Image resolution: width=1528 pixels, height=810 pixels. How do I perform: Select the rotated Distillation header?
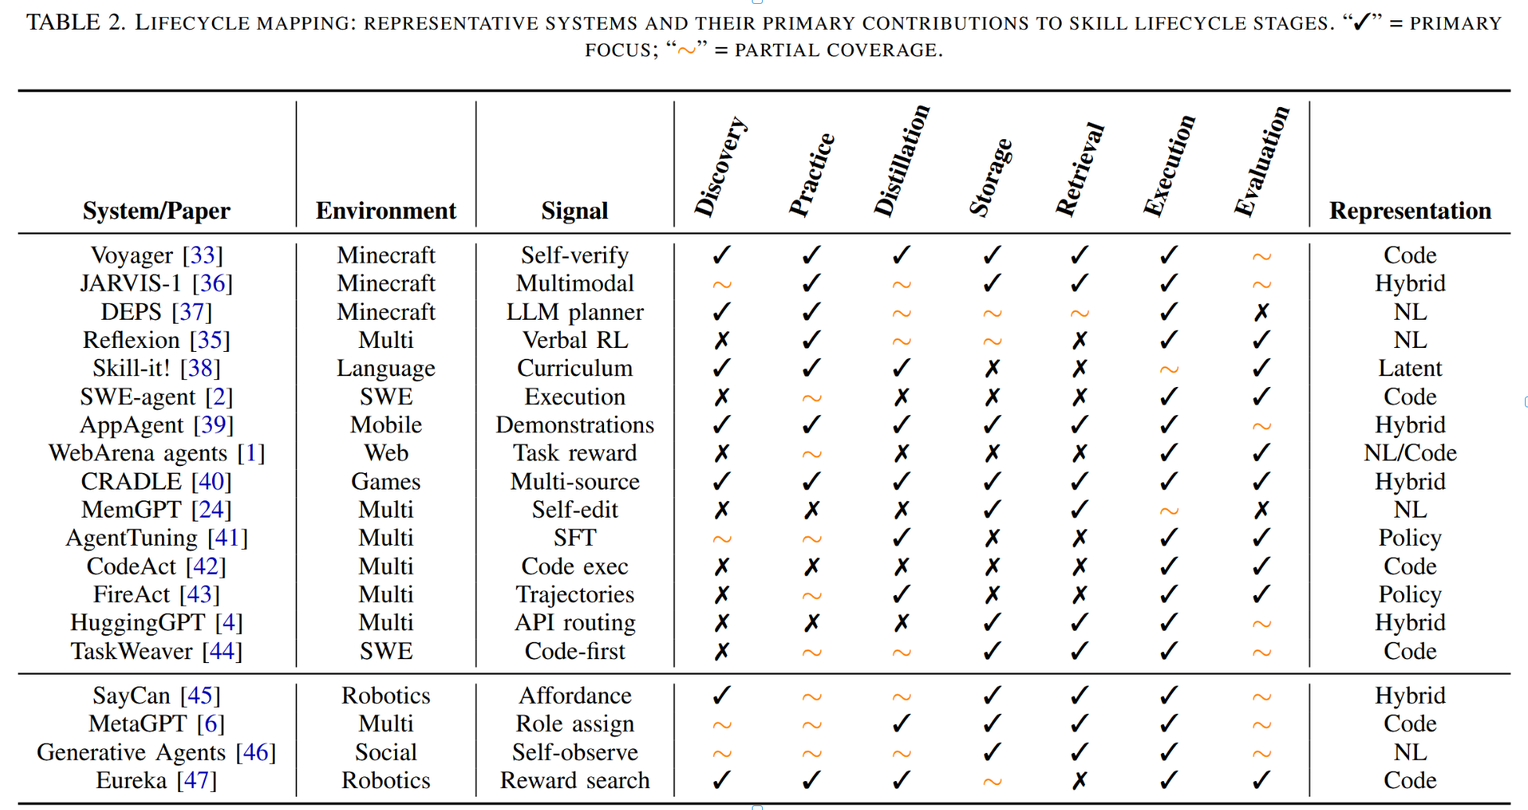[901, 159]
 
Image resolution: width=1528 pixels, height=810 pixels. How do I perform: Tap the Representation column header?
[1410, 210]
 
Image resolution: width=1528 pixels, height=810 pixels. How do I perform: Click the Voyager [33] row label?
[156, 256]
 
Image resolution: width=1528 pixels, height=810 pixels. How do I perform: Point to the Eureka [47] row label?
[156, 780]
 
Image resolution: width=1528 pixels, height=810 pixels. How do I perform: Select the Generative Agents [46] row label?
[156, 752]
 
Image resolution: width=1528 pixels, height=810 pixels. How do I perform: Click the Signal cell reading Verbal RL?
[575, 340]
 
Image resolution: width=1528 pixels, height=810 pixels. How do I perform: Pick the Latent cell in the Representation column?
[1410, 368]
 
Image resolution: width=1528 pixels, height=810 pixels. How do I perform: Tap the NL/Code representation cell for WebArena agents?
[1410, 453]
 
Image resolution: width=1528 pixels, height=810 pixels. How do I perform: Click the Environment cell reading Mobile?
[386, 425]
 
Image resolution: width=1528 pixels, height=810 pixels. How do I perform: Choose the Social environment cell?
[386, 752]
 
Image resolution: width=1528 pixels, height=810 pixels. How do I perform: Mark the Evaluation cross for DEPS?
[1261, 313]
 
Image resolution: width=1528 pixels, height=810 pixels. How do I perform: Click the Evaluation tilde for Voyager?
[1261, 256]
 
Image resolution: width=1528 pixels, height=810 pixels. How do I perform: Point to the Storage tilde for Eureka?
[992, 781]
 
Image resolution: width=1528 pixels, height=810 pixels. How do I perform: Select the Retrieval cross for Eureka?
[1080, 780]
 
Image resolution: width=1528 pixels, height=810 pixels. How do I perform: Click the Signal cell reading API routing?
[575, 623]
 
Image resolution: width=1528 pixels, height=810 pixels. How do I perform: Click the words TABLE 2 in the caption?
[76, 23]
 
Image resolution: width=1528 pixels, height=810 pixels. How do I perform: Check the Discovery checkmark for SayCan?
[721, 695]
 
